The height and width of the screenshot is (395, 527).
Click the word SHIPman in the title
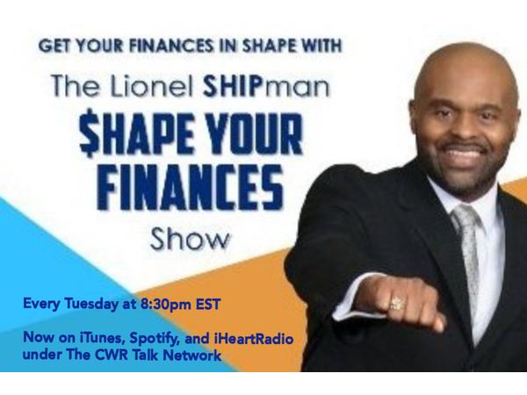[x=266, y=86]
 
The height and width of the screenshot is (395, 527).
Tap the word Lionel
[x=153, y=87]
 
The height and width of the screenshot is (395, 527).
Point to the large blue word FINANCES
[x=191, y=186]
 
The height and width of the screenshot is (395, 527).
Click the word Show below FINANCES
[x=190, y=239]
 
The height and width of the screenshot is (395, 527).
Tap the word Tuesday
[x=90, y=305]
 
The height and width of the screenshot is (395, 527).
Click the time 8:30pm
[x=165, y=305]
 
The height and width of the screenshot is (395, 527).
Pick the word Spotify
[x=154, y=339]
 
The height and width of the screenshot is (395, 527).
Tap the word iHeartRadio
[x=254, y=338]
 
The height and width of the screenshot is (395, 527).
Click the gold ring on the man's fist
[x=396, y=304]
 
